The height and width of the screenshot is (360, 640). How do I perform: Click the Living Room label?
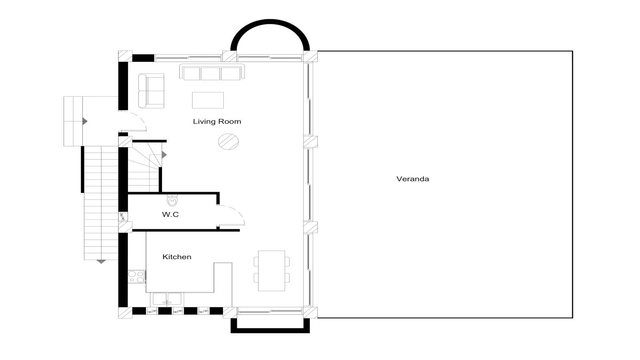click(217, 122)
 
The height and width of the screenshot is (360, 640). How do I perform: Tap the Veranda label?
click(412, 179)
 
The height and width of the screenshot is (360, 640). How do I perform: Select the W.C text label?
click(170, 214)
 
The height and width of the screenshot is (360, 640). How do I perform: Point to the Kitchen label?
click(177, 257)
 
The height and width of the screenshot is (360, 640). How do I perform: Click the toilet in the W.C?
click(172, 200)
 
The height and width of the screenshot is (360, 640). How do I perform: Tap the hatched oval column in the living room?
click(228, 142)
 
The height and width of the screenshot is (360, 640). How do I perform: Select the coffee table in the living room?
click(208, 100)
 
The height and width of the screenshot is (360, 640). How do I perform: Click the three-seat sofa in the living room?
click(212, 72)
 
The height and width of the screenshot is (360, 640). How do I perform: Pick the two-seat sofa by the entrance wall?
click(151, 91)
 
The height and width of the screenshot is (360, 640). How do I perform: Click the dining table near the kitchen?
click(272, 271)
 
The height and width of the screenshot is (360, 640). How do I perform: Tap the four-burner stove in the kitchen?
click(136, 276)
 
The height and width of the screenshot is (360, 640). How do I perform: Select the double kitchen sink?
click(167, 299)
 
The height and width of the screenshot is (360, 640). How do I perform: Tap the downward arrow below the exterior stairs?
click(101, 262)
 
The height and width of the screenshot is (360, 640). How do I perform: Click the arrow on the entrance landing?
click(85, 122)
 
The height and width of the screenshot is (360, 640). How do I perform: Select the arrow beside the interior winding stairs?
click(164, 155)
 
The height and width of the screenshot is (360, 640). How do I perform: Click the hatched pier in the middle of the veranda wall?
click(310, 142)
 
